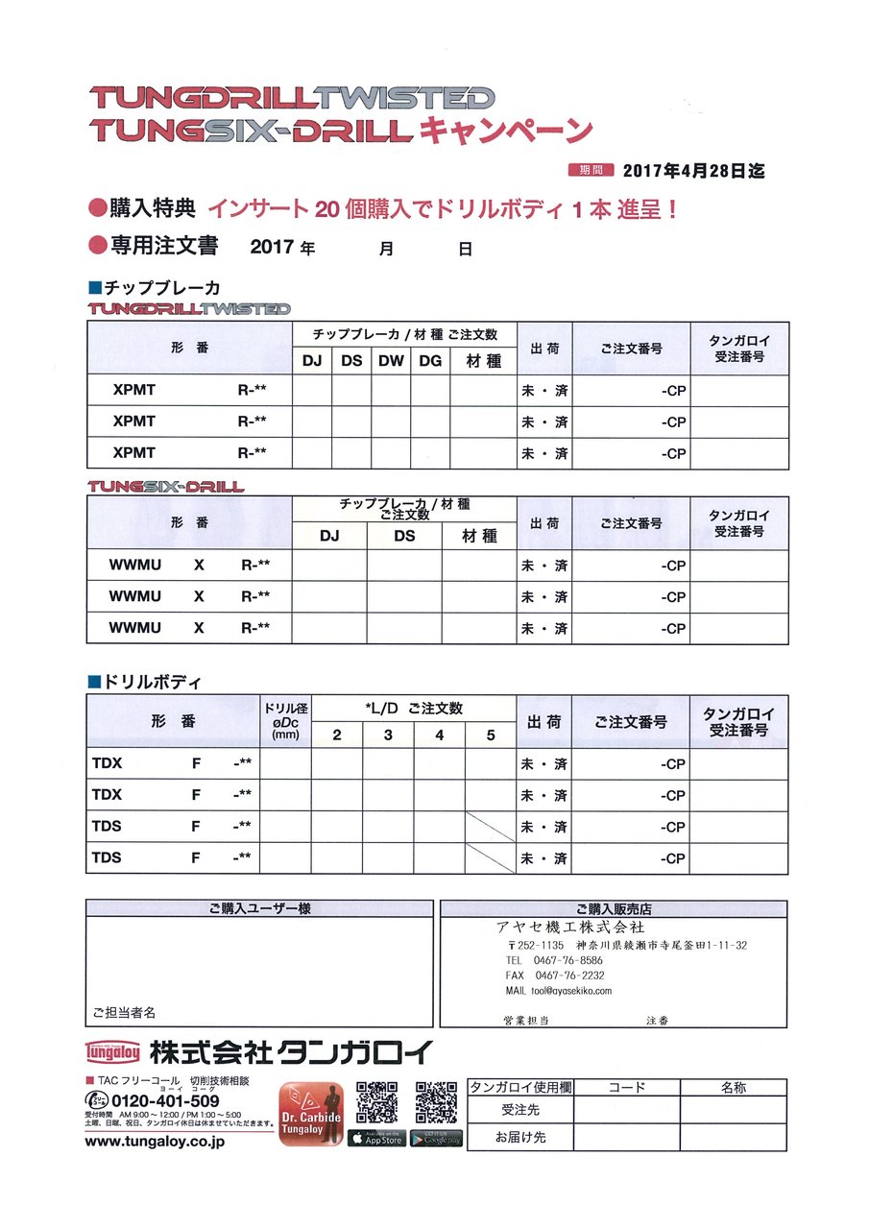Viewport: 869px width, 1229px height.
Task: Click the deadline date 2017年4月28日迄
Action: click(x=693, y=171)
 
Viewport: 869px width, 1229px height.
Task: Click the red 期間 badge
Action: click(x=591, y=171)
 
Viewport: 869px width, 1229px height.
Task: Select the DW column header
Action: click(x=391, y=361)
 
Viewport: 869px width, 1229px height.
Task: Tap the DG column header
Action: click(x=430, y=361)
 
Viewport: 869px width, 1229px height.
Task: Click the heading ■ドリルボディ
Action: click(x=143, y=682)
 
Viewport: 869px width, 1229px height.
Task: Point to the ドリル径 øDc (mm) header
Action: click(x=285, y=721)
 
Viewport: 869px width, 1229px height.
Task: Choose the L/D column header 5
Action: click(x=491, y=735)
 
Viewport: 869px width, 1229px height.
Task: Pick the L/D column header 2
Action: click(x=337, y=735)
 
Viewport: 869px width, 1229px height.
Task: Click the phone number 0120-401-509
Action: click(x=165, y=1100)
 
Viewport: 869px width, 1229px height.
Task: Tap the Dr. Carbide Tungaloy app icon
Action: click(x=311, y=1114)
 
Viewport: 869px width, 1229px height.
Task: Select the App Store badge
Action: click(x=375, y=1139)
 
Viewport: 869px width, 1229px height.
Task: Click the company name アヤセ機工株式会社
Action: click(x=570, y=928)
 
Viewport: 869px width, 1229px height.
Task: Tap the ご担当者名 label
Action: click(x=124, y=1012)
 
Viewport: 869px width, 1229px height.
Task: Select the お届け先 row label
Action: click(x=519, y=1137)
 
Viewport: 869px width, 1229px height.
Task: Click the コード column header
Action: click(x=627, y=1088)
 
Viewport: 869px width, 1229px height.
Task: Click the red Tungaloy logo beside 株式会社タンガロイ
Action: click(x=113, y=1052)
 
